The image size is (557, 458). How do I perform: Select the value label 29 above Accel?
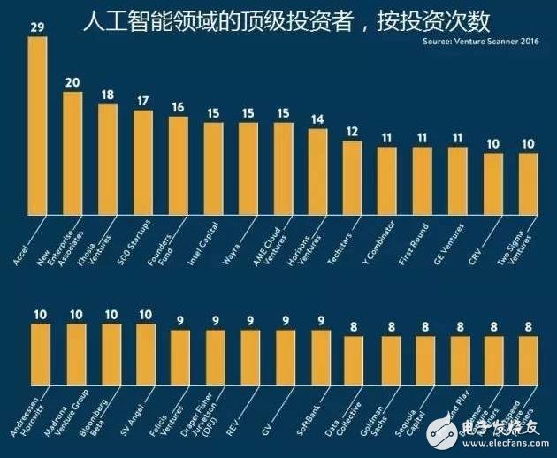pos(38,28)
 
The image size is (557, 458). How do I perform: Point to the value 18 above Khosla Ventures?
pos(108,95)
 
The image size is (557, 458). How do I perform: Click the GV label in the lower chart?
pos(281,398)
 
